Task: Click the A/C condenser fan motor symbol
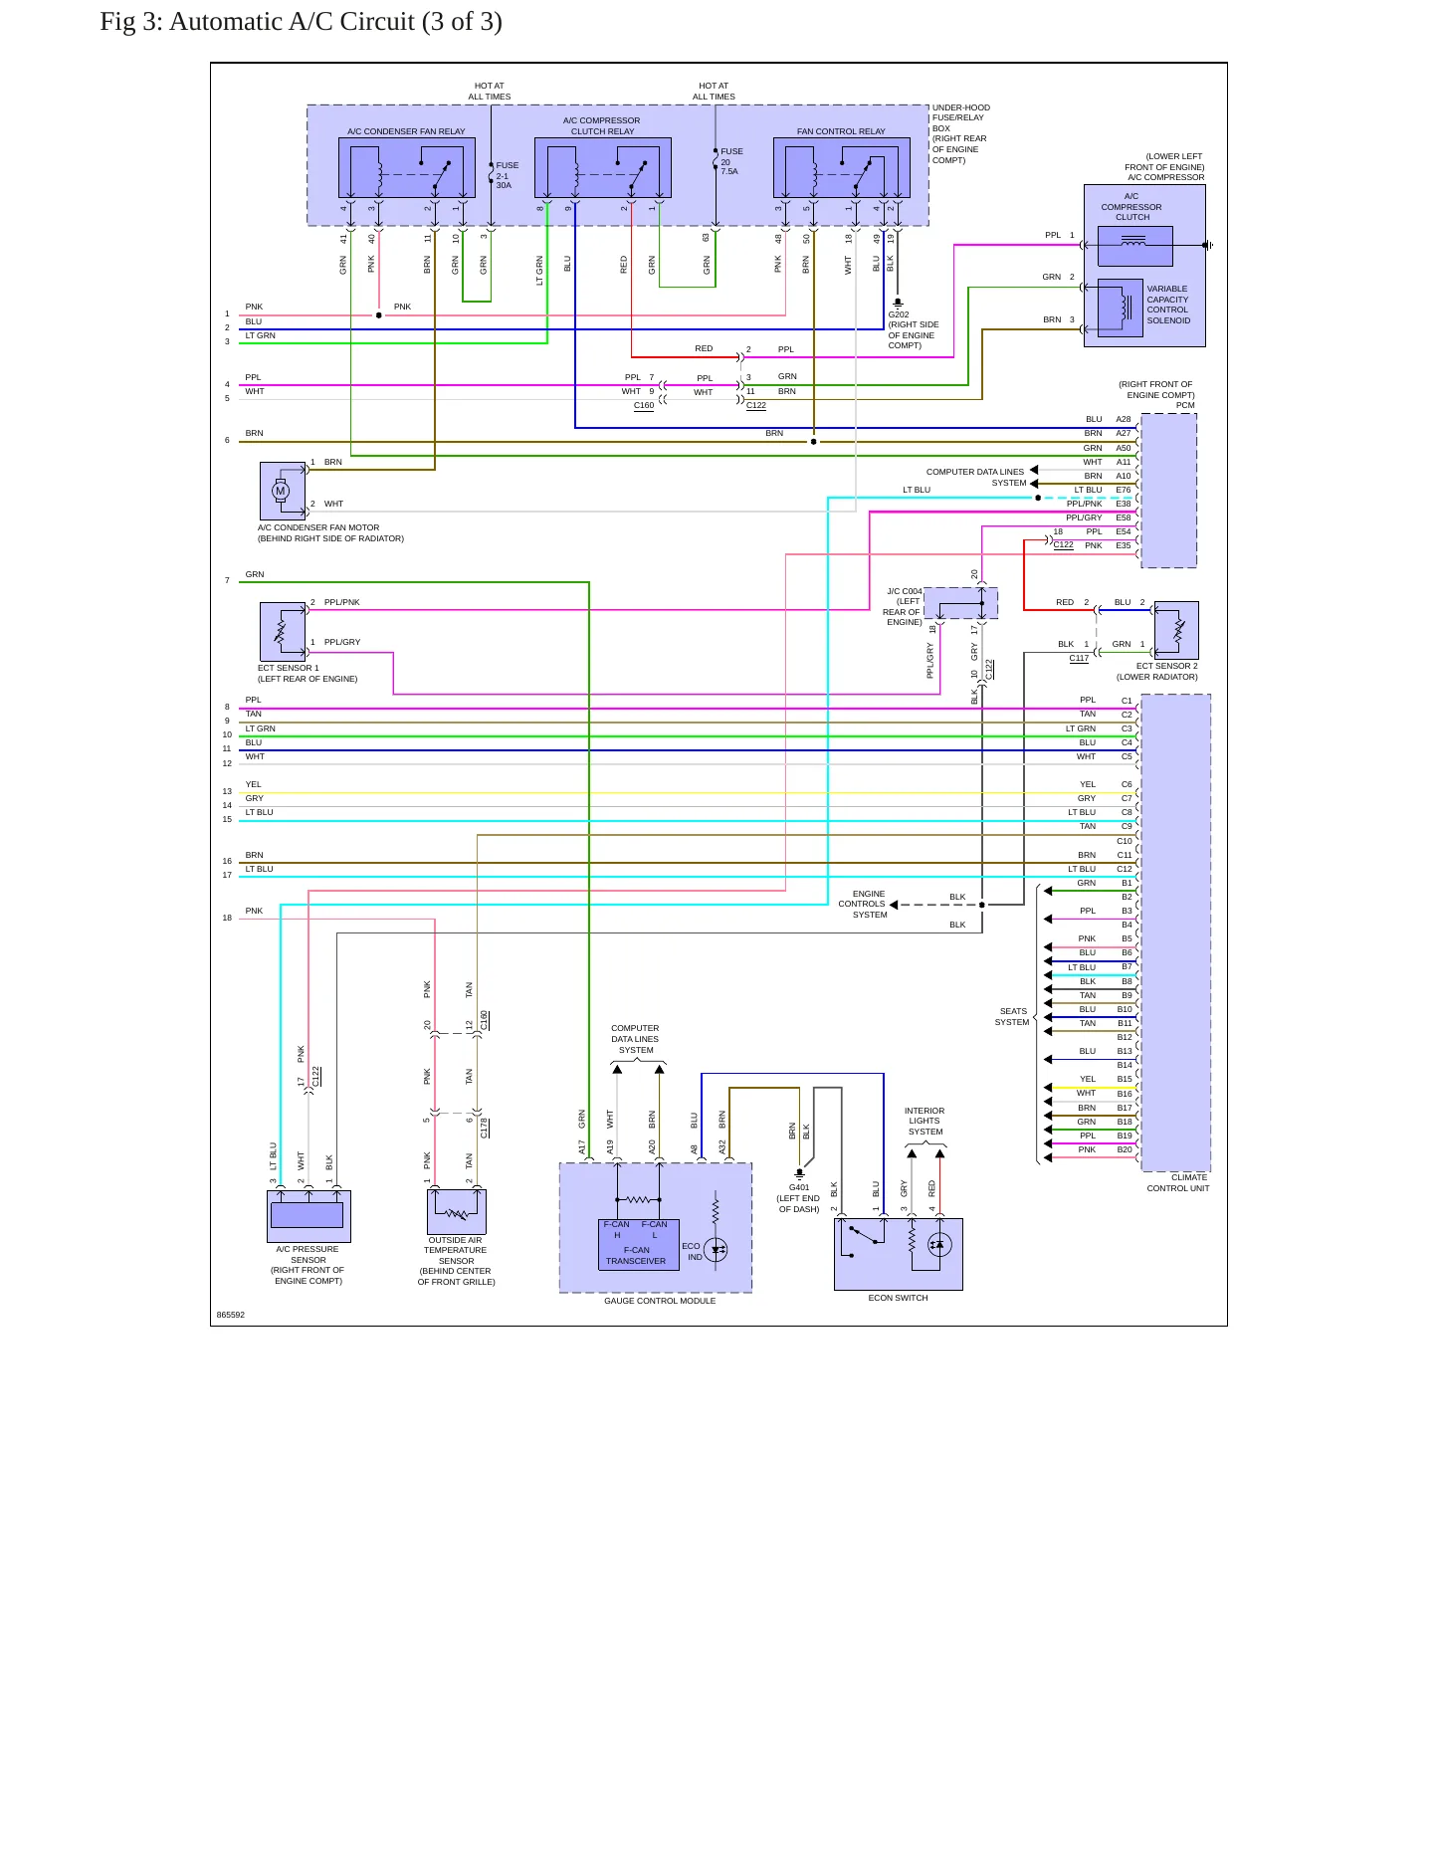283,491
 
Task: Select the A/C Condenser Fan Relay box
406,167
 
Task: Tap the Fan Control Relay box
842,167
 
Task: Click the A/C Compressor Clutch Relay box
603,167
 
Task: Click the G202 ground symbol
898,302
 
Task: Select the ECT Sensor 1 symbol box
283,630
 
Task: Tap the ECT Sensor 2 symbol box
1176,630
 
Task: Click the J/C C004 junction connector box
960,603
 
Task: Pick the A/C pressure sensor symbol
308,1215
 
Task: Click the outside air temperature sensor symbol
457,1211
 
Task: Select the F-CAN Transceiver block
636,1244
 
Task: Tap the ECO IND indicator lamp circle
716,1250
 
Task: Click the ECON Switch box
899,1254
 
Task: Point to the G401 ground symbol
799,1174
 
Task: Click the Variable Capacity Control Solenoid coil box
1120,307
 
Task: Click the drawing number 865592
231,1315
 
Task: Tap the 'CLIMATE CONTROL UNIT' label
1178,1182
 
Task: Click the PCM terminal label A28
1124,419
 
